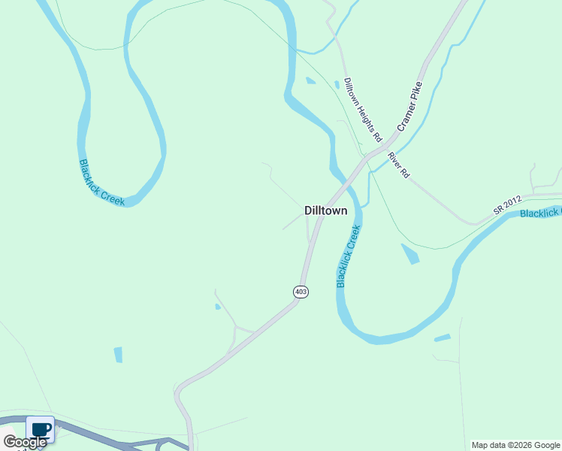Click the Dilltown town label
(x=326, y=211)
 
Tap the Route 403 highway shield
(x=301, y=292)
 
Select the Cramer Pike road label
(x=410, y=107)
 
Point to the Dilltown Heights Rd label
(x=363, y=110)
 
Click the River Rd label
(x=398, y=165)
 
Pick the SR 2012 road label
(x=508, y=207)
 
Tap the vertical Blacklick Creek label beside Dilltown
(x=349, y=256)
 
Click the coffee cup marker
(x=41, y=430)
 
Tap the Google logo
(x=25, y=442)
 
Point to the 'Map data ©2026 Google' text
(x=515, y=445)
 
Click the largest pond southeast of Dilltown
(x=410, y=253)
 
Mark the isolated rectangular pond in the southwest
(x=118, y=355)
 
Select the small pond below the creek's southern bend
(x=442, y=338)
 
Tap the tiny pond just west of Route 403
(x=218, y=307)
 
